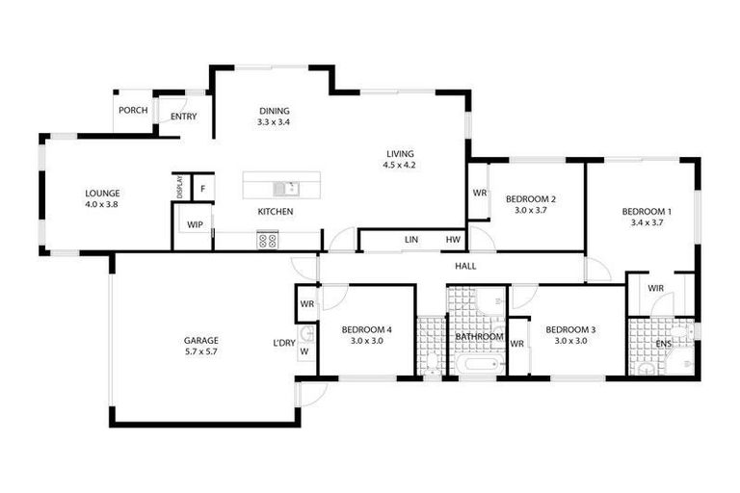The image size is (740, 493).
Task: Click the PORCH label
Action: click(x=133, y=111)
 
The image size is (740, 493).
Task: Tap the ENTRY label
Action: click(x=183, y=117)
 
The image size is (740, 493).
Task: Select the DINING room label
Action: click(x=274, y=111)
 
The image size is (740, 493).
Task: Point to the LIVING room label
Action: click(x=399, y=153)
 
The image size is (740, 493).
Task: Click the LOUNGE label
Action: click(x=102, y=193)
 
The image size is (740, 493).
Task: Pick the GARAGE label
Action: click(x=201, y=340)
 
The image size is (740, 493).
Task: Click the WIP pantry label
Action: click(x=195, y=225)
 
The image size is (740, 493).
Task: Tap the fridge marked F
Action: click(x=203, y=187)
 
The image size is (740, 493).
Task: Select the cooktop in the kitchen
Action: click(x=267, y=241)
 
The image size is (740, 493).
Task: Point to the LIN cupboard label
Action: click(x=411, y=240)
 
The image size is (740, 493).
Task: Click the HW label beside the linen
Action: click(x=451, y=240)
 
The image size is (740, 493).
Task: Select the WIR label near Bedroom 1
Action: click(x=655, y=288)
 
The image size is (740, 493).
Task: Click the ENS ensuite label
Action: click(x=663, y=343)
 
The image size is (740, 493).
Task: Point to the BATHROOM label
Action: click(x=480, y=337)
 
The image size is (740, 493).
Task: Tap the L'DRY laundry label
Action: click(x=283, y=343)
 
